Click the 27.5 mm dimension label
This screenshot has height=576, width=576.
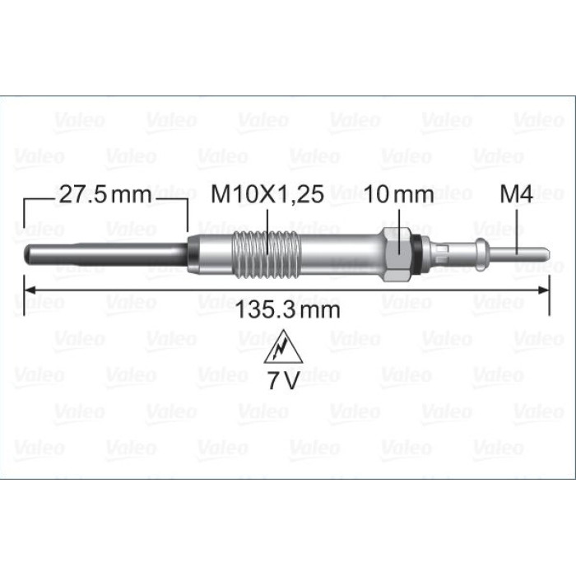(105, 194)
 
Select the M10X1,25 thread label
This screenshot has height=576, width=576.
(267, 194)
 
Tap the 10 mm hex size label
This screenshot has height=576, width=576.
(399, 194)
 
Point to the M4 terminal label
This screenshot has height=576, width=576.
(516, 194)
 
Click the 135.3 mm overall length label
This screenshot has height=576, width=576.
(288, 309)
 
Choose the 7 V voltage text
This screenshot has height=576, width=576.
(283, 380)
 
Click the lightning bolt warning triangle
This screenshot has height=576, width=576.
(283, 346)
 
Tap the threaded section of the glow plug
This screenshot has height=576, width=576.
(267, 254)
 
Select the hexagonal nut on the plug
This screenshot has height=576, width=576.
(397, 254)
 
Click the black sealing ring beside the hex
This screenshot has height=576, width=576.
(416, 254)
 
